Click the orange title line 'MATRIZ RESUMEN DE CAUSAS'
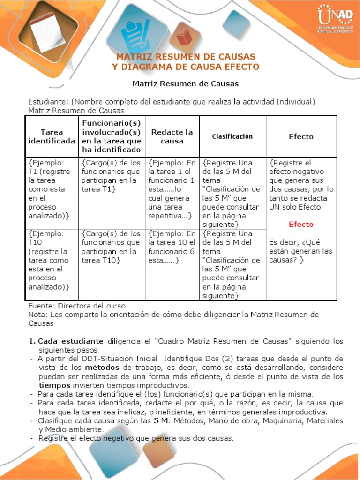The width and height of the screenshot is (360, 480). point(186,57)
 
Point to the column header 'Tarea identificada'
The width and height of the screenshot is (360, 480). point(52,136)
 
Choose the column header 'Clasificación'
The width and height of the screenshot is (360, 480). point(232,136)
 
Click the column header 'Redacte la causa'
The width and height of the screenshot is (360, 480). point(172,136)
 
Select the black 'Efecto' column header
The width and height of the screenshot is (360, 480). point(301,136)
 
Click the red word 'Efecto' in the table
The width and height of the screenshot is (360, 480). point(301,224)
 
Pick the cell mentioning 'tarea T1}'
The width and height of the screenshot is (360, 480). point(111,176)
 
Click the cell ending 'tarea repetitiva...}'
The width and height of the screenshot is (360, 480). point(172,189)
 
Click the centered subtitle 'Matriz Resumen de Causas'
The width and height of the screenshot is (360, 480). point(185,84)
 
